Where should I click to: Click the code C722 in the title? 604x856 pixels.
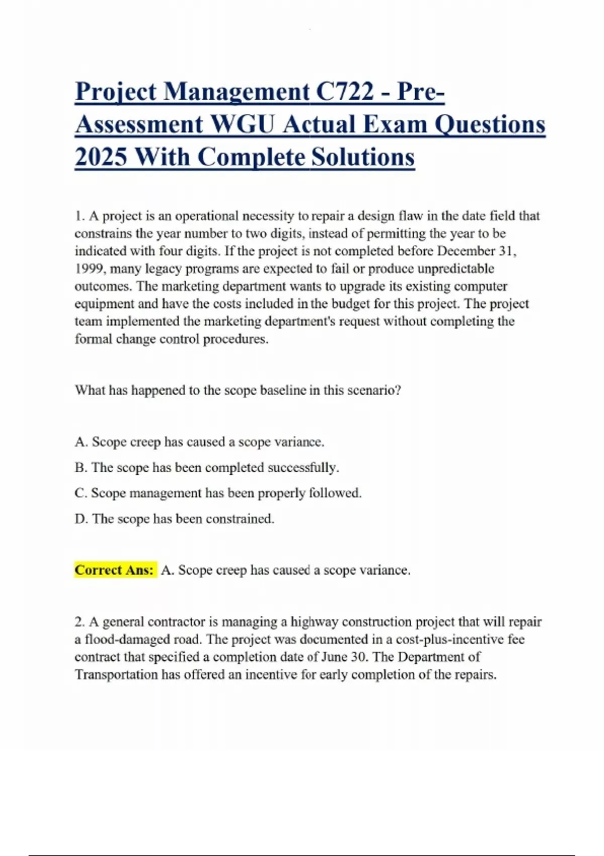point(345,92)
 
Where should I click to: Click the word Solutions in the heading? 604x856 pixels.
point(363,157)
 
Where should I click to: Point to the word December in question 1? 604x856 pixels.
point(466,251)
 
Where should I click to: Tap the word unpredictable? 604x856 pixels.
point(456,268)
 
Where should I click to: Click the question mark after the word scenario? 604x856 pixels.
point(398,390)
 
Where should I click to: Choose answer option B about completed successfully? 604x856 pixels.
point(207,467)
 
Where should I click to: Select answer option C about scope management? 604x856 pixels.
point(218,493)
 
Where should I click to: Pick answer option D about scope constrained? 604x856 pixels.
point(175,519)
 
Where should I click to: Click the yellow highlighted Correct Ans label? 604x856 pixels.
point(115,570)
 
